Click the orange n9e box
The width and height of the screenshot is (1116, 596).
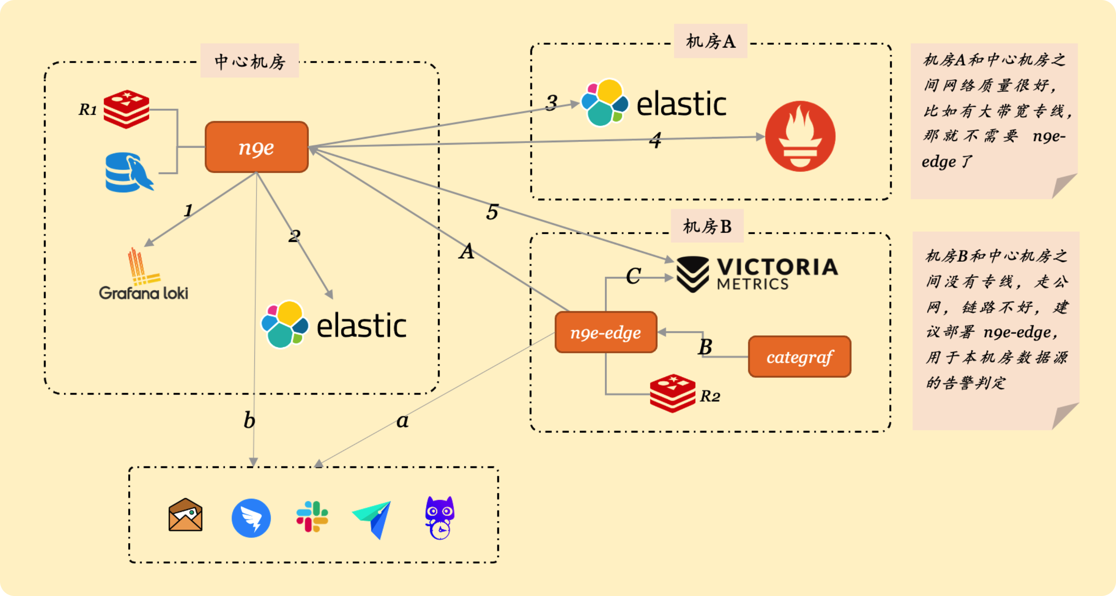coord(256,147)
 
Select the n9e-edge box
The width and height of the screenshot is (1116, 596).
coord(606,333)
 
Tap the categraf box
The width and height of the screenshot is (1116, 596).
coord(799,357)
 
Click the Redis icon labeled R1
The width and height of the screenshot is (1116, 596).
coord(127,109)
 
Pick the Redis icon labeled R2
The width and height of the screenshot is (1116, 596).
coord(672,393)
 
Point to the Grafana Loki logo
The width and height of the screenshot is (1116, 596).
coord(143,275)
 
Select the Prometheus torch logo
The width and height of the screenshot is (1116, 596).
coord(800,136)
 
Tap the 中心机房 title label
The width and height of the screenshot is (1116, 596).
coord(249,61)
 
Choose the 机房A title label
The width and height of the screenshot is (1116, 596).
coord(711,41)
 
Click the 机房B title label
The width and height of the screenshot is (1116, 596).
coord(707,226)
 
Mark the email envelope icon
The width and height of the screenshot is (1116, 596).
coord(186,515)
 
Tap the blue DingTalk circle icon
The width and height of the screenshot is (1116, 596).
coord(251,518)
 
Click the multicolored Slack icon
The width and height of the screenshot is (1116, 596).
coord(312,516)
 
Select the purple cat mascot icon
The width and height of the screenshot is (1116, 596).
coord(440,517)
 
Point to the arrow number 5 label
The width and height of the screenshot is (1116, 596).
coord(492,212)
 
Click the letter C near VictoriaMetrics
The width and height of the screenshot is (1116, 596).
coord(633,276)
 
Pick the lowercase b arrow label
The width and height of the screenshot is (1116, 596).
coord(249,420)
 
